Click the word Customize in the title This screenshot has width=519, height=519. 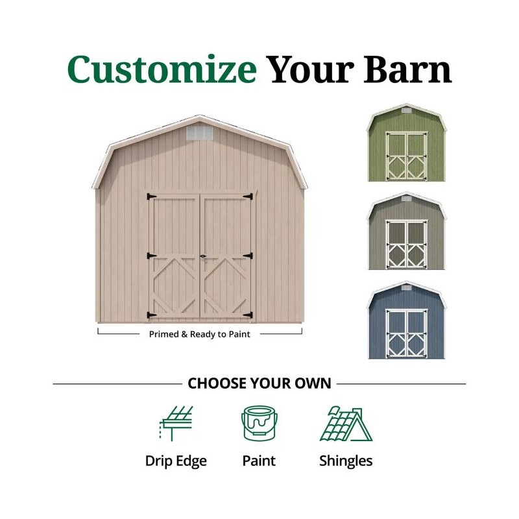pos(162,69)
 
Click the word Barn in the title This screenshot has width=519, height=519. pos(407,69)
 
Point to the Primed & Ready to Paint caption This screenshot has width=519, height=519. pos(200,334)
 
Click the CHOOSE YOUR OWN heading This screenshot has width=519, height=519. pos(259,383)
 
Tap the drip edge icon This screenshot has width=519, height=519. pos(176,424)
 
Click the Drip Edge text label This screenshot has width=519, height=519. pos(176,461)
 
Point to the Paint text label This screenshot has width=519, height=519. pos(259,461)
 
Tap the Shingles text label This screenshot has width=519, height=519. pos(346,461)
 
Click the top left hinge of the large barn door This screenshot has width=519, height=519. pos(152,196)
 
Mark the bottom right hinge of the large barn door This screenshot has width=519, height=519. pos(247,315)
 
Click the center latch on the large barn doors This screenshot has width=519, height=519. pos(202,257)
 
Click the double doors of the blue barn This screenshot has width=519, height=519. pos(407,333)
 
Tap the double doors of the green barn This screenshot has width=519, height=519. pos(407,156)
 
